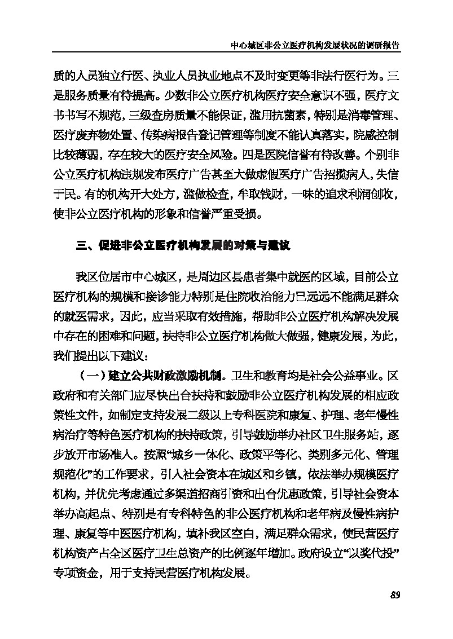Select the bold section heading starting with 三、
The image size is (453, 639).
(x=183, y=246)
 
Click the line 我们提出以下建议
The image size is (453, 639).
(x=100, y=355)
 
